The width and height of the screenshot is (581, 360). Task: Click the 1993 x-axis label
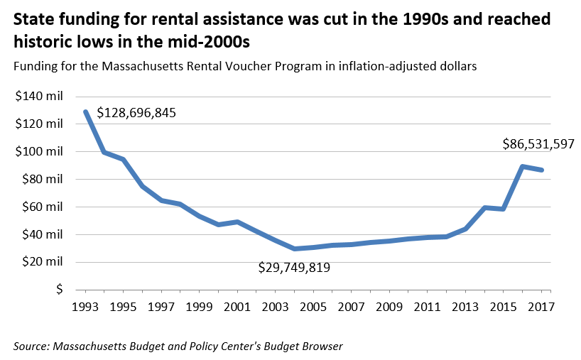86,307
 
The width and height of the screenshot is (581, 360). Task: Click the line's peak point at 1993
86,111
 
